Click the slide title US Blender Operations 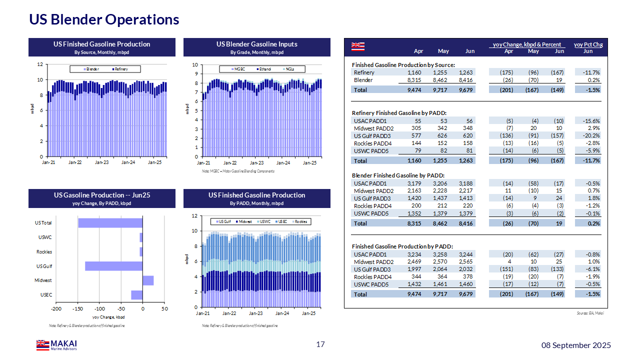104,19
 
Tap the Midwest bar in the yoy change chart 148,280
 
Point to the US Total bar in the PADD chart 110,223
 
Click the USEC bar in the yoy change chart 136,295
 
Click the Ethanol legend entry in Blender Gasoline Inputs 264,69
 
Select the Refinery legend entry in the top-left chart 120,69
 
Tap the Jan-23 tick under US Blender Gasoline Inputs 256,163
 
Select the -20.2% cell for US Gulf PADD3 591,135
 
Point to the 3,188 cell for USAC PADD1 465,183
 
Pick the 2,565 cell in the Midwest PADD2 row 465,261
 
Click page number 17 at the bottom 320,344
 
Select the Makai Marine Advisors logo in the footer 56,344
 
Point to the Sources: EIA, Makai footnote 590,313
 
